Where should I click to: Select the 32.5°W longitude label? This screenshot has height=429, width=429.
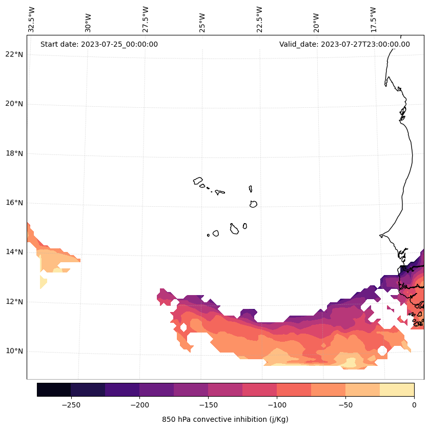point(32,19)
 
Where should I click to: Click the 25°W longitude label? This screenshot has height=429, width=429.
point(202,19)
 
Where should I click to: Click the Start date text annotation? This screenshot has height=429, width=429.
point(99,44)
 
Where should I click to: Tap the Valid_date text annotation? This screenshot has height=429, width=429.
point(344,44)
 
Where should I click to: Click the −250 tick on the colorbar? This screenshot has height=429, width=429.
point(71,405)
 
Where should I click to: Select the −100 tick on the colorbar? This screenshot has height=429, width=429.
point(277,405)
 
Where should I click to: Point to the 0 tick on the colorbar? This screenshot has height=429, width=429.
point(414,405)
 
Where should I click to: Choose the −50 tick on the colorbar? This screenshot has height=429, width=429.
point(345,405)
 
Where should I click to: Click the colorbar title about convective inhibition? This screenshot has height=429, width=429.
point(225,419)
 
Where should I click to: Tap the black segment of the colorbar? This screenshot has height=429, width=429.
point(54,389)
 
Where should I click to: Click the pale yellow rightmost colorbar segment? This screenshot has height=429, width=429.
point(397,389)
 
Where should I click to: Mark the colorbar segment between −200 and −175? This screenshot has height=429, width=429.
point(156,389)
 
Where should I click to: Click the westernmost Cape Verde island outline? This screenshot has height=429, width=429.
point(198,181)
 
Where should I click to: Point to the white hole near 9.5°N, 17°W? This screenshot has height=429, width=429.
point(382,350)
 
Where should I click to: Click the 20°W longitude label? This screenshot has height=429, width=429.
point(317,19)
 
